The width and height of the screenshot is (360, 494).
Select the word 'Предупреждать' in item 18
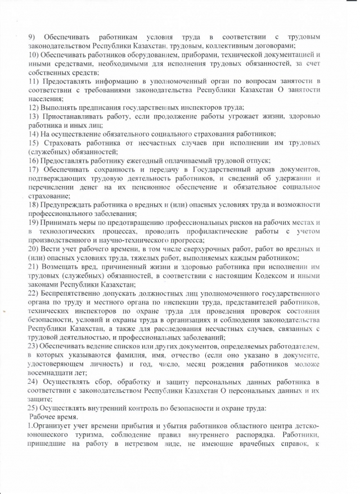(x=67, y=205)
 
